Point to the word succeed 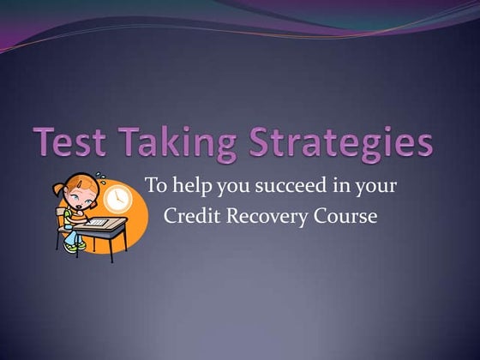(282, 185)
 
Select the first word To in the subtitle (155, 184)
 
